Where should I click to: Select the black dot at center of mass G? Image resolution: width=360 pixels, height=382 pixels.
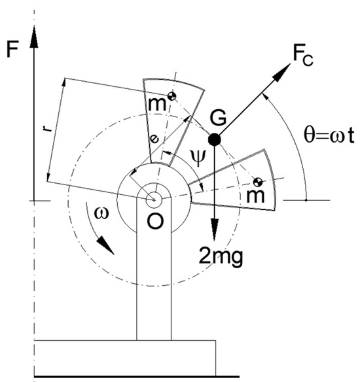[x=214, y=139]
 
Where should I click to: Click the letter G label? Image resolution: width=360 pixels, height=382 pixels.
[x=218, y=118]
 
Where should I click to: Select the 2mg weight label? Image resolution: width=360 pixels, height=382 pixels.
[x=221, y=256]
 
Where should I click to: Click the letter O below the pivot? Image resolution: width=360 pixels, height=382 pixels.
[x=154, y=222]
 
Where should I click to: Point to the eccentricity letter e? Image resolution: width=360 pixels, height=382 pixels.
[x=153, y=139]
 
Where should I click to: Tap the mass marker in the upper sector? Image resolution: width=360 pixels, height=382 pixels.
[x=171, y=97]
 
